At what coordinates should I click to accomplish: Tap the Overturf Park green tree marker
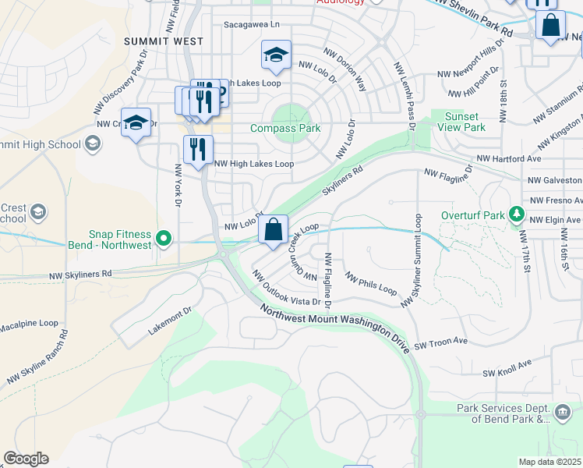[515, 213]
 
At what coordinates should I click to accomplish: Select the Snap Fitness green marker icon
[163, 239]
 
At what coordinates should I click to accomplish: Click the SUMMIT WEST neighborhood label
[164, 41]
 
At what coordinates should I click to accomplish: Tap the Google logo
[26, 459]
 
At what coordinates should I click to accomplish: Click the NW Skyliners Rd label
[80, 275]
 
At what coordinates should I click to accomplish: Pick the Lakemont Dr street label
[170, 322]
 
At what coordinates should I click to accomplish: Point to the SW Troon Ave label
[440, 342]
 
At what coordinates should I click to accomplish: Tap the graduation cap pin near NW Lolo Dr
[276, 55]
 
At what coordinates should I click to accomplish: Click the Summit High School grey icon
[93, 143]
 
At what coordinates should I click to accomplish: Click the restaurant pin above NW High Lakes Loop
[198, 149]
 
